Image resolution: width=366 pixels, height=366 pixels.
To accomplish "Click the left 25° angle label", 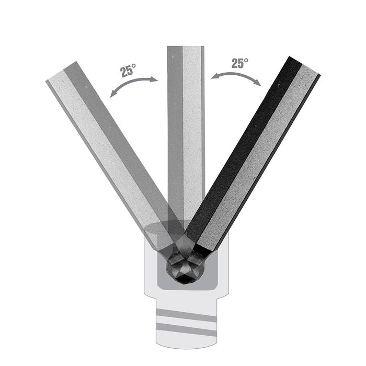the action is [128, 70].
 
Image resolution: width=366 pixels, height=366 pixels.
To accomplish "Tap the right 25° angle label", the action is [239, 63].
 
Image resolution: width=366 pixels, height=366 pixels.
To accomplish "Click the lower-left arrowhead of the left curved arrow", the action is [113, 94].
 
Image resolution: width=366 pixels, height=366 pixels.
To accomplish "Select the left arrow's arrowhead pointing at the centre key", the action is [155, 79].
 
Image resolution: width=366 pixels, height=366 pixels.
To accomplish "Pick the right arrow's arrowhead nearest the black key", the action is [258, 83].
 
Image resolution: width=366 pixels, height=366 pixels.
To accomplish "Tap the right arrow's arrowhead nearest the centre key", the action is [214, 76].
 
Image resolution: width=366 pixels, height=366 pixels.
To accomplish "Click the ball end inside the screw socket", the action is [185, 268].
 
